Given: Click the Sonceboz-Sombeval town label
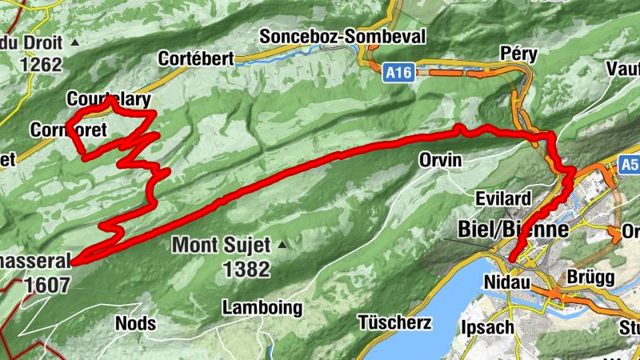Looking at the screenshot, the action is (343, 37).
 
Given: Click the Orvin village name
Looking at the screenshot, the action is (441, 160).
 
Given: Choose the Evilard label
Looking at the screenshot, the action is (503, 198).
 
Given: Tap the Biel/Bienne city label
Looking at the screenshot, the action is (513, 228).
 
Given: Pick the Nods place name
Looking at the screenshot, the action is (136, 323).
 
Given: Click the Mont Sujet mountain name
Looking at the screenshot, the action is (222, 245).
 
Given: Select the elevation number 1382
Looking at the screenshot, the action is (247, 270).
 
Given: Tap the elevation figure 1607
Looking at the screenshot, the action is (47, 284).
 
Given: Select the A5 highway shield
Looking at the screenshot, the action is (629, 166).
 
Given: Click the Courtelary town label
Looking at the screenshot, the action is (109, 99).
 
